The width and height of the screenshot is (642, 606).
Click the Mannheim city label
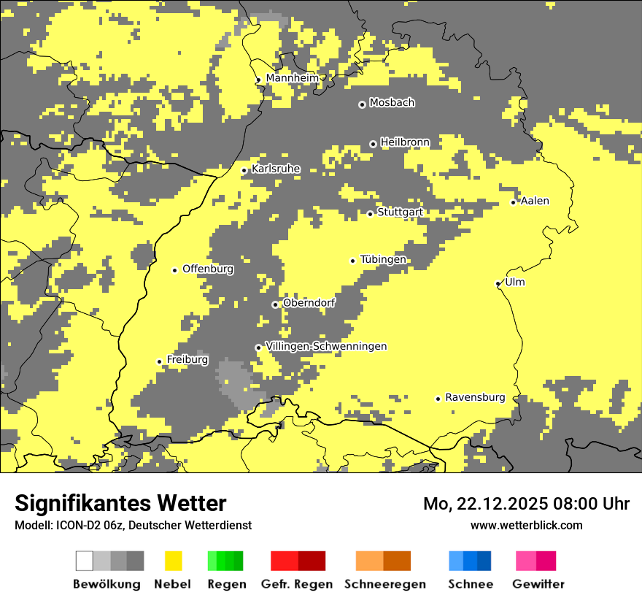[x=292, y=78]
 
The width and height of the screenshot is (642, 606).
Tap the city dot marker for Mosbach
[x=362, y=104]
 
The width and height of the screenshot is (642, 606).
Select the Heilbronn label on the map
[x=405, y=142]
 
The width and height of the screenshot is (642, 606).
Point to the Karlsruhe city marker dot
[x=244, y=170]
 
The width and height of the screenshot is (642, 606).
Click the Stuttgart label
[x=400, y=212]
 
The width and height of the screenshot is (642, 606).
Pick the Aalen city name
[x=535, y=201]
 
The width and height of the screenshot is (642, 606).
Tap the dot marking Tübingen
[x=353, y=261]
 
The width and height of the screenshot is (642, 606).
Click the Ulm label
[x=515, y=283]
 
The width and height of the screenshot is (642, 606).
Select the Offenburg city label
[x=208, y=269]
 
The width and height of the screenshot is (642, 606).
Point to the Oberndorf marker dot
[x=275, y=304]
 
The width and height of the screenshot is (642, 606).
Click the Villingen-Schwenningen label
[x=326, y=346]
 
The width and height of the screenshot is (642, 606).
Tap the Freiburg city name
[x=187, y=360]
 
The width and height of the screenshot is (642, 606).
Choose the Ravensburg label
[x=475, y=398]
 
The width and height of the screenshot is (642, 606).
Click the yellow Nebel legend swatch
[x=174, y=561]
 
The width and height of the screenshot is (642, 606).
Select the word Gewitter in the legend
[x=538, y=584]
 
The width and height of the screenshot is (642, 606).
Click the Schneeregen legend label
[x=385, y=584]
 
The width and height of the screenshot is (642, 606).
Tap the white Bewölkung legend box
[x=84, y=561]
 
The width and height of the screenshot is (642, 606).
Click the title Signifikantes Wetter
[x=120, y=504]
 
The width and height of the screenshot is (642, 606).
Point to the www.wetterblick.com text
[x=526, y=525]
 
